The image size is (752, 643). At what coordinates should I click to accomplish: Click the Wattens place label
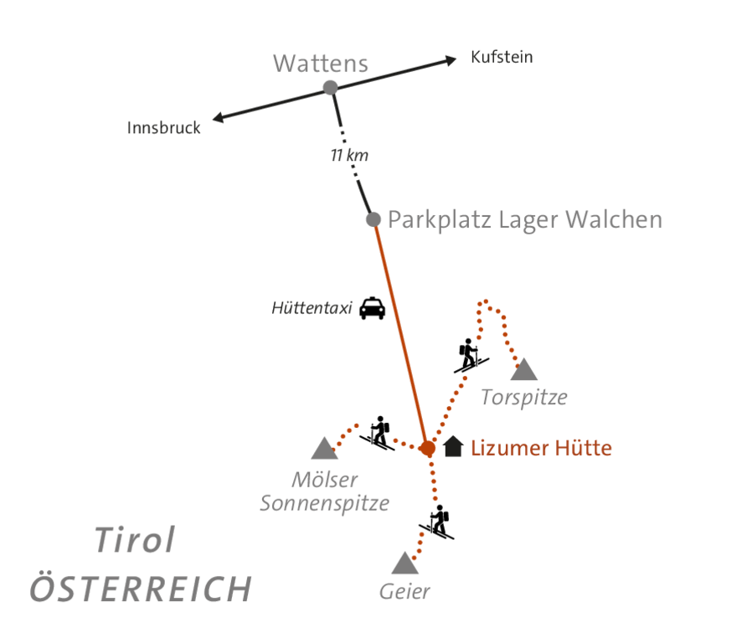pyautogui.click(x=320, y=64)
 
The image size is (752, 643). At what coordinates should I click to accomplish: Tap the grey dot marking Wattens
pyautogui.click(x=331, y=87)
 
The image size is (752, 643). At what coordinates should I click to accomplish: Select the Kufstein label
pyautogui.click(x=502, y=58)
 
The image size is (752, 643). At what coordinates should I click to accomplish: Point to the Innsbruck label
pyautogui.click(x=164, y=128)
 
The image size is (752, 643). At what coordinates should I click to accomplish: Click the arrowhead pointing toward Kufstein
pyautogui.click(x=451, y=59)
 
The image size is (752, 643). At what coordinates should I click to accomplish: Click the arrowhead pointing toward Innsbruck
pyautogui.click(x=219, y=118)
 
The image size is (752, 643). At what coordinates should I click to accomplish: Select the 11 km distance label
pyautogui.click(x=349, y=155)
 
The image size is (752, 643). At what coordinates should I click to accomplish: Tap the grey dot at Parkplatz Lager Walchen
pyautogui.click(x=373, y=219)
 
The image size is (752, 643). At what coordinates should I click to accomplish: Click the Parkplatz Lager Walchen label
pyautogui.click(x=525, y=220)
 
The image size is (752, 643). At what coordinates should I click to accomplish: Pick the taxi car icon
pyautogui.click(x=372, y=308)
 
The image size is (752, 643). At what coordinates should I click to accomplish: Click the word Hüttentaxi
pyautogui.click(x=311, y=308)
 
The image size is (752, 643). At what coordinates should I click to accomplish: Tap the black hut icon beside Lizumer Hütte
pyautogui.click(x=453, y=447)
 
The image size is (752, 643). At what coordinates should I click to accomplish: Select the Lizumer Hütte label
pyautogui.click(x=541, y=448)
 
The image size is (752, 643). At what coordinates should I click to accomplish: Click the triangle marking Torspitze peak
pyautogui.click(x=524, y=369)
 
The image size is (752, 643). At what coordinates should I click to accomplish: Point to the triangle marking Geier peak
pyautogui.click(x=404, y=563)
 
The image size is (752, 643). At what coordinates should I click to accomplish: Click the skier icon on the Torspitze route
pyautogui.click(x=470, y=355)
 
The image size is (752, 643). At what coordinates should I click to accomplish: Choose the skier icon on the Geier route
pyautogui.click(x=437, y=522)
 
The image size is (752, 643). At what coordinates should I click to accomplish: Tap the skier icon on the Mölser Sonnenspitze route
pyautogui.click(x=379, y=433)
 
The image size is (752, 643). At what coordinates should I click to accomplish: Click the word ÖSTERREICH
pyautogui.click(x=141, y=589)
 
